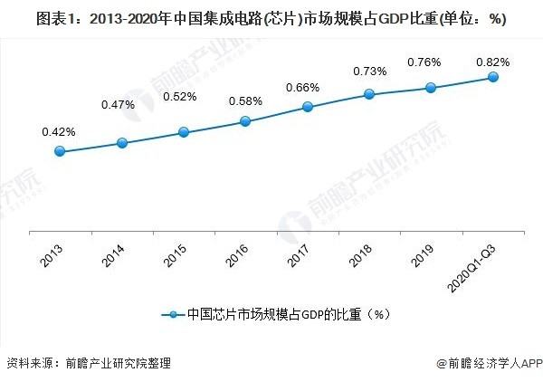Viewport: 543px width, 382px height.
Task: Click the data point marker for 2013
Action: tap(61, 151)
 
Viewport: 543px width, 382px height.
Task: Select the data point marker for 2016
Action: tap(245, 121)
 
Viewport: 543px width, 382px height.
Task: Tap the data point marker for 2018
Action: tap(369, 94)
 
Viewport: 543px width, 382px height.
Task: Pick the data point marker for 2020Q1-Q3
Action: tap(493, 77)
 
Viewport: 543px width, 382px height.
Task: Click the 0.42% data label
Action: tap(59, 132)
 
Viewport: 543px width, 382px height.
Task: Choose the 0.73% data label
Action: tap(368, 72)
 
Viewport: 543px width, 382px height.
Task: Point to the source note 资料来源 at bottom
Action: tap(88, 364)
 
